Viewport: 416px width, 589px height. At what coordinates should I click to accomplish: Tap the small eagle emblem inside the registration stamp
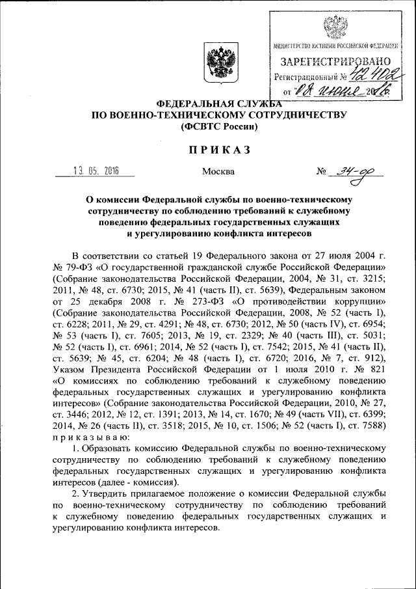coord(335,27)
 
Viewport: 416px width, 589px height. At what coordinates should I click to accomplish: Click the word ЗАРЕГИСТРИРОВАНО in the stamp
coord(335,62)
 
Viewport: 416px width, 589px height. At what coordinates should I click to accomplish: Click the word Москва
coord(218,172)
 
